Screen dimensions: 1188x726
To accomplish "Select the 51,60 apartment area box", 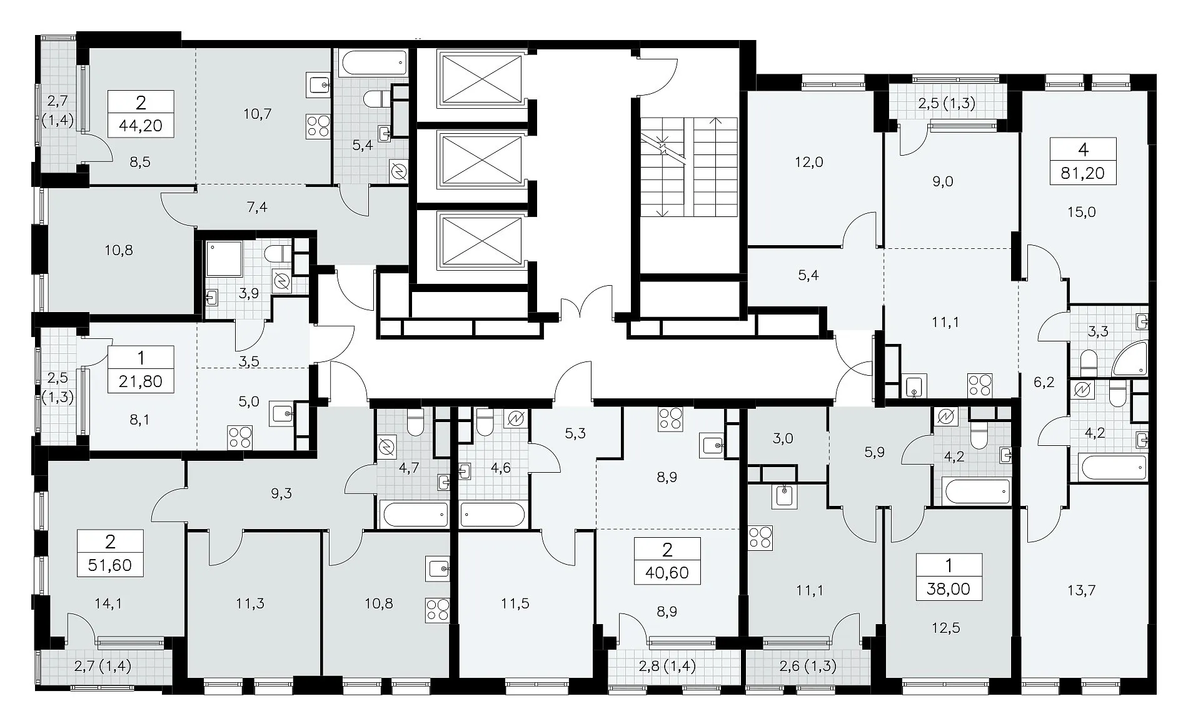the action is [110, 553].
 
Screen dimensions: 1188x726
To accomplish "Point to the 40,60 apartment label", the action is [667, 560].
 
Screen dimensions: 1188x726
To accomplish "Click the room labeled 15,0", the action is [1082, 212].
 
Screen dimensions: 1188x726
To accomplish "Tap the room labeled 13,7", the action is [1081, 590].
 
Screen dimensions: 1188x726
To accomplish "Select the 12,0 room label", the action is [808, 162].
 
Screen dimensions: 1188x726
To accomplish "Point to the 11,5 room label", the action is [515, 603].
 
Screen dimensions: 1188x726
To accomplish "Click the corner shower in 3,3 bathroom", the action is [1130, 359].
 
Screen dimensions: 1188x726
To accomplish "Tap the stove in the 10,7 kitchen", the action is [317, 126].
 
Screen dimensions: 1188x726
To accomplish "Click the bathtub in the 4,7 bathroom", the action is [415, 515].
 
